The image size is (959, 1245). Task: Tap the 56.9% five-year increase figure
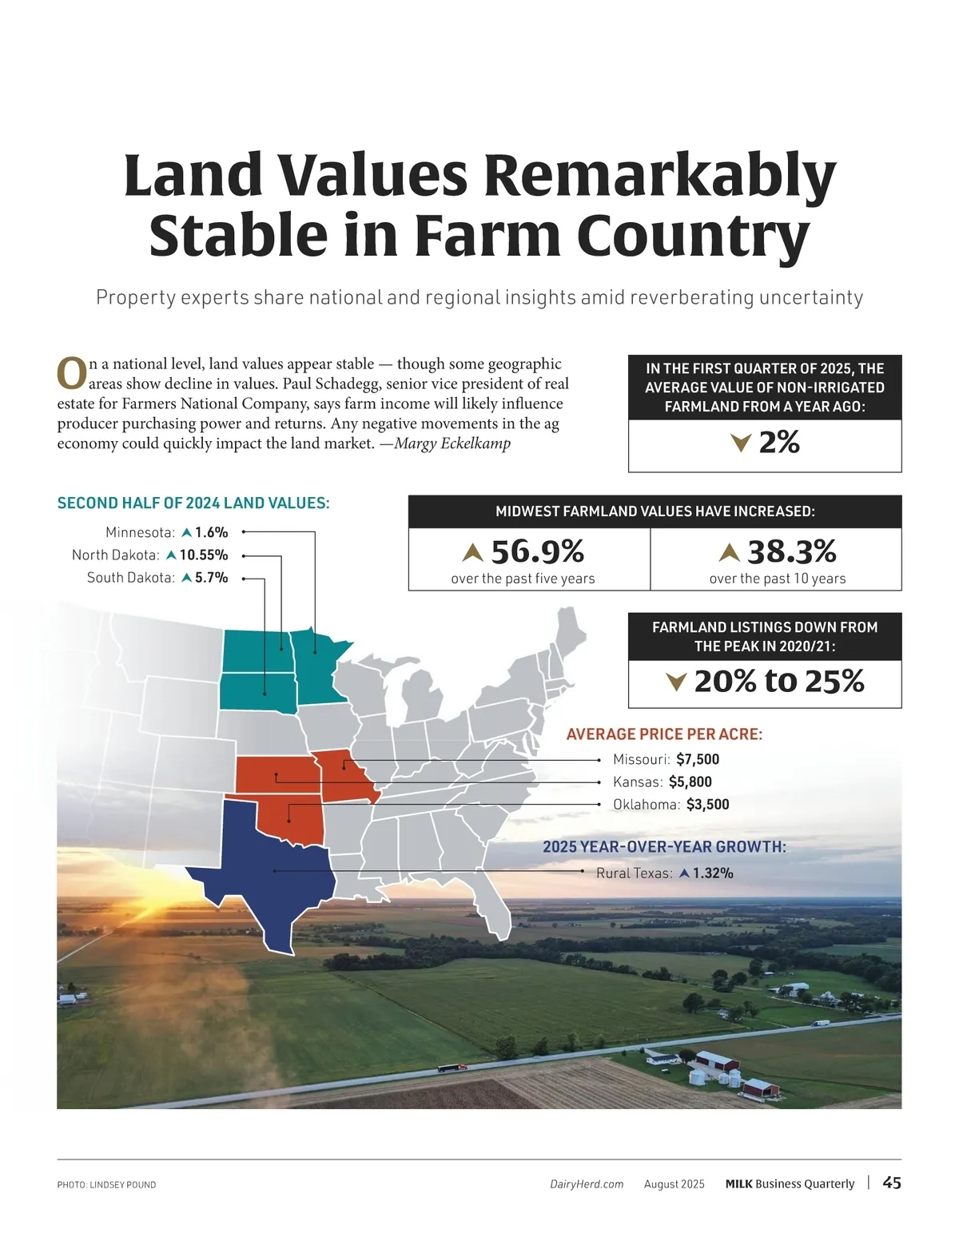pyautogui.click(x=537, y=551)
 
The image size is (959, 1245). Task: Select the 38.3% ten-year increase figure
pyautogui.click(x=791, y=551)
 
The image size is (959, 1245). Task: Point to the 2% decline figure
pyautogui.click(x=778, y=442)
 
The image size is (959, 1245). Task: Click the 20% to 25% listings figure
pyautogui.click(x=778, y=681)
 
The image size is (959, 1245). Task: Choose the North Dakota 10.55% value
pyautogui.click(x=203, y=555)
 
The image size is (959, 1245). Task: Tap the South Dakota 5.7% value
pyautogui.click(x=211, y=577)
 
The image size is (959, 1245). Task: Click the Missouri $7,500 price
pyautogui.click(x=697, y=759)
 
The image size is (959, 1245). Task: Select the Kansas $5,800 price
pyautogui.click(x=690, y=782)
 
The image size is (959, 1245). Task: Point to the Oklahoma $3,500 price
pyautogui.click(x=707, y=804)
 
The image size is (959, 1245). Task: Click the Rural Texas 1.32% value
pyautogui.click(x=712, y=873)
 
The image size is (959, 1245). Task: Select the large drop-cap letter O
pyautogui.click(x=72, y=374)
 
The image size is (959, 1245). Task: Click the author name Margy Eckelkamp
pyautogui.click(x=452, y=444)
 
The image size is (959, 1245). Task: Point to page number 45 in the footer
pyautogui.click(x=892, y=1183)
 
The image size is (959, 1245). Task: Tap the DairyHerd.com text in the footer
pyautogui.click(x=587, y=1184)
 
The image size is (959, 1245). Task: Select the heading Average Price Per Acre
pyautogui.click(x=664, y=734)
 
